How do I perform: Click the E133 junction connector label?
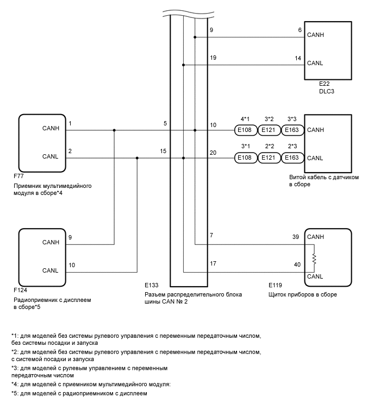point(152,285)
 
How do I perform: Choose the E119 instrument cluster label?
point(276,285)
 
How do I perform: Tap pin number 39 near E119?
point(296,237)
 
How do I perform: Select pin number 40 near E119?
point(296,264)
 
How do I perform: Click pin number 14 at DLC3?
point(298,58)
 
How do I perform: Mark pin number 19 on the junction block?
point(213,58)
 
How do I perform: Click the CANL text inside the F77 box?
point(50,156)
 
